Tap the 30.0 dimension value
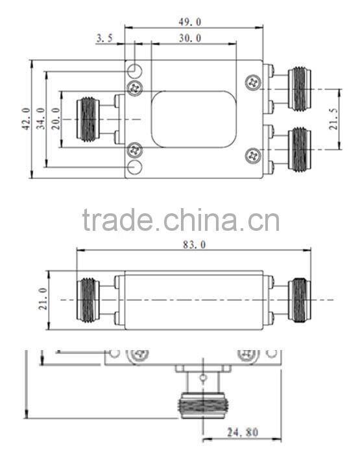pyautogui.click(x=190, y=38)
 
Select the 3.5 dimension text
pyautogui.click(x=104, y=38)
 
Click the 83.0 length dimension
pyautogui.click(x=193, y=244)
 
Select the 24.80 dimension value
pyautogui.click(x=245, y=432)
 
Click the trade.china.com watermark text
pyautogui.click(x=181, y=220)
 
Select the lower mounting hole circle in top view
pyautogui.click(x=135, y=169)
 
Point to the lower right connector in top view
pyautogui.click(x=298, y=150)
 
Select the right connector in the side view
pyautogui.click(x=298, y=300)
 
